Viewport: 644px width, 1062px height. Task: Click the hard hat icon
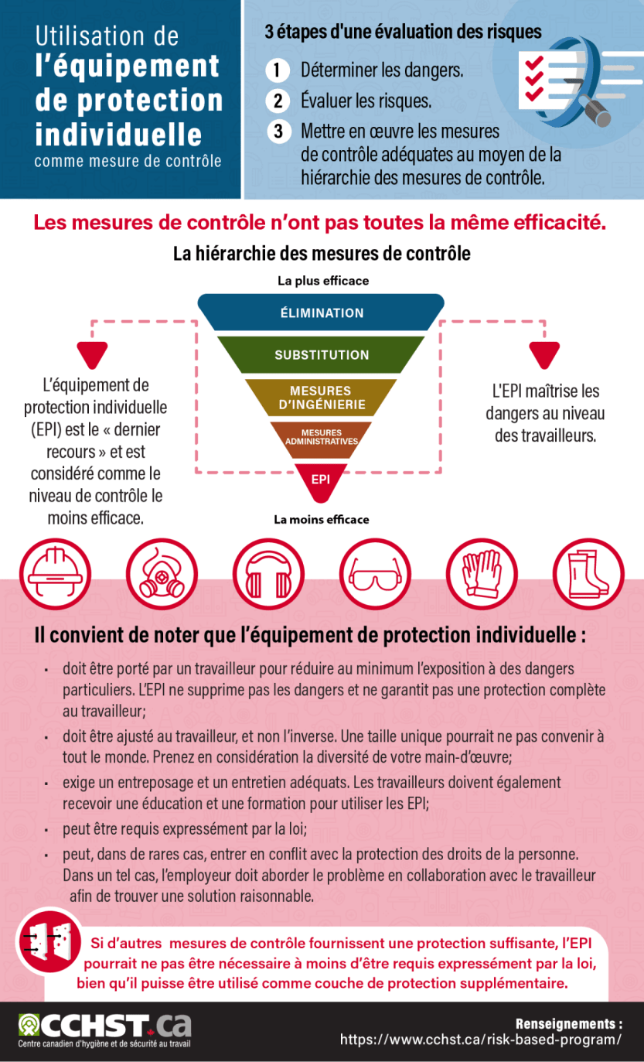(56, 574)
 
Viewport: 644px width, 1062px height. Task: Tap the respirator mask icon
(162, 574)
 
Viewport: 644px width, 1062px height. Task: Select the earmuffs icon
(269, 574)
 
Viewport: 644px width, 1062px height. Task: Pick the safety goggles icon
(375, 574)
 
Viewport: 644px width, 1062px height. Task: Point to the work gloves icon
(482, 574)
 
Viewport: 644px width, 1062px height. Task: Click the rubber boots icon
(588, 574)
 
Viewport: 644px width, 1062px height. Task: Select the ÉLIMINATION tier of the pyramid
(322, 312)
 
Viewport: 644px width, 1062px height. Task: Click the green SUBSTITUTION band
(322, 354)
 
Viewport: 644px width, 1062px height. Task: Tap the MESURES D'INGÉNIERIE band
(322, 398)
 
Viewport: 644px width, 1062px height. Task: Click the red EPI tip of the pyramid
(321, 481)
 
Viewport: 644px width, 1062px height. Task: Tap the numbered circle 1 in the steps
(278, 70)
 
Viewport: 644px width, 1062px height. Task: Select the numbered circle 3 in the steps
(278, 131)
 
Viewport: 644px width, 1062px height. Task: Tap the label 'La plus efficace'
(323, 281)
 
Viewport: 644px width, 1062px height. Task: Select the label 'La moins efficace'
(322, 520)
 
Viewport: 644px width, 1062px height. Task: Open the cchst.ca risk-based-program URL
(481, 1040)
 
